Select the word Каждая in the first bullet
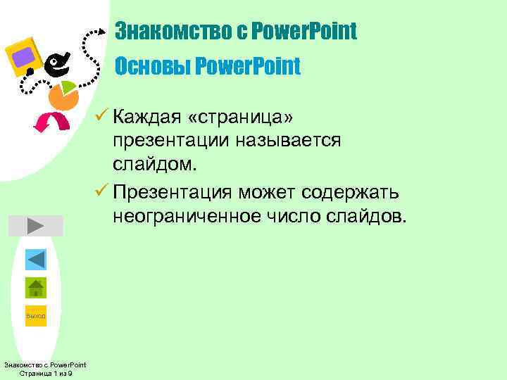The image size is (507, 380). point(152,114)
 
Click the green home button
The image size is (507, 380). point(35,288)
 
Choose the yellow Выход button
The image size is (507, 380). point(35,316)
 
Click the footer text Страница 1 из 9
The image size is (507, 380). point(45,373)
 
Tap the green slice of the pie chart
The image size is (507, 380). point(69,89)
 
